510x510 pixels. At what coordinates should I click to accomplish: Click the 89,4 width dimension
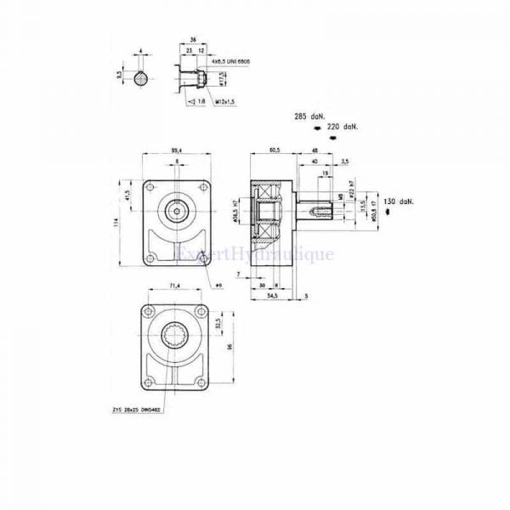point(177,149)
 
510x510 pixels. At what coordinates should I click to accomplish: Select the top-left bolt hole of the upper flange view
point(152,189)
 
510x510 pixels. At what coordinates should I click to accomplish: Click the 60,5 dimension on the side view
point(273,149)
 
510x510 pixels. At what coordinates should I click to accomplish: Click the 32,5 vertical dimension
point(218,324)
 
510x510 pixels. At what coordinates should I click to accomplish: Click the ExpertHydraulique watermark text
point(255,252)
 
